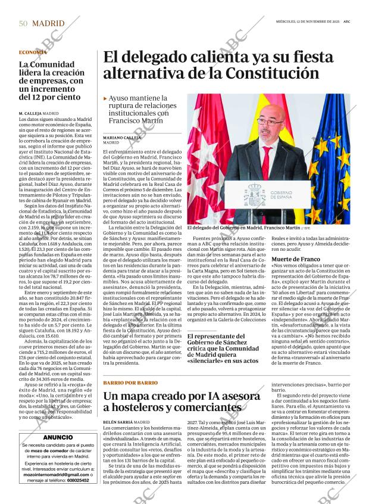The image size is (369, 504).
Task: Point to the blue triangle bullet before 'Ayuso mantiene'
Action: tap(105, 98)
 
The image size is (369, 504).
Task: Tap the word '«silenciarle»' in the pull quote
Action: tap(211, 360)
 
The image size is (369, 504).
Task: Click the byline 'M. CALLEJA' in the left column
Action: tap(33, 113)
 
